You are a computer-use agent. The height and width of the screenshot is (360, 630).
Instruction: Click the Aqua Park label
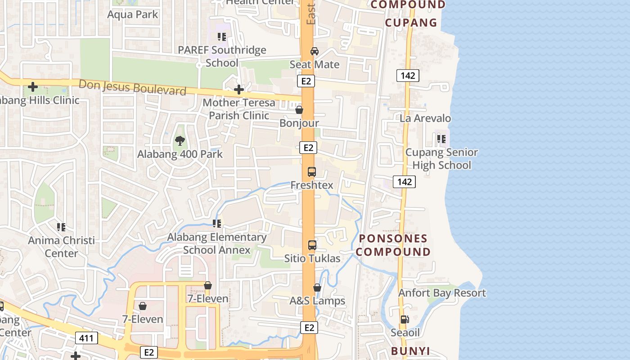pos(133,14)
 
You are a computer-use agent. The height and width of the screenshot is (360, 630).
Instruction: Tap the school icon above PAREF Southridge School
pos(221,36)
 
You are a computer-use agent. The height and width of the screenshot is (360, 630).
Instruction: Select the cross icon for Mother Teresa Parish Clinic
pos(239,90)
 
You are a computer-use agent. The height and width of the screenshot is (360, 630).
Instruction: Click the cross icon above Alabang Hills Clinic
pos(32,86)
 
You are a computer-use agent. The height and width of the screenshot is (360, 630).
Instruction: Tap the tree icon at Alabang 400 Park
pos(180,140)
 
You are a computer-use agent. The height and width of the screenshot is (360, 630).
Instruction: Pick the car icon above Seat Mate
pos(315,51)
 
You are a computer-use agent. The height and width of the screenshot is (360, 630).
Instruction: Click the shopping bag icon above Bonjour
pos(299,109)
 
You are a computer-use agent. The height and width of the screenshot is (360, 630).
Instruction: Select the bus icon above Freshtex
pos(312,171)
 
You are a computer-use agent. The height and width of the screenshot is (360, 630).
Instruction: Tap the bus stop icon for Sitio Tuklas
pos(312,245)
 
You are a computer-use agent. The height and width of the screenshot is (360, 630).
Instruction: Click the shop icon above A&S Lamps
pos(317,287)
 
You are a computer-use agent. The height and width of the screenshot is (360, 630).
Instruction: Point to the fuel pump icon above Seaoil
pos(405,319)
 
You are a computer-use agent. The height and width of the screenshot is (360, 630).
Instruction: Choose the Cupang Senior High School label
pos(441,159)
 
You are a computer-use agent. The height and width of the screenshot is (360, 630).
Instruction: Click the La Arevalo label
pos(425,118)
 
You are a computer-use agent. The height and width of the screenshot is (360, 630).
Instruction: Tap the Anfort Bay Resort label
pos(442,293)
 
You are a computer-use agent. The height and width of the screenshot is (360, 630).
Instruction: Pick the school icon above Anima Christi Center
pos(61,227)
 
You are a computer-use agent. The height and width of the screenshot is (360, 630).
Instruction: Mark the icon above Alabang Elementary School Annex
pos(217,223)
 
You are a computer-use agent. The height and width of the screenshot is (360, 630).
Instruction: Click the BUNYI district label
pos(410,351)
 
